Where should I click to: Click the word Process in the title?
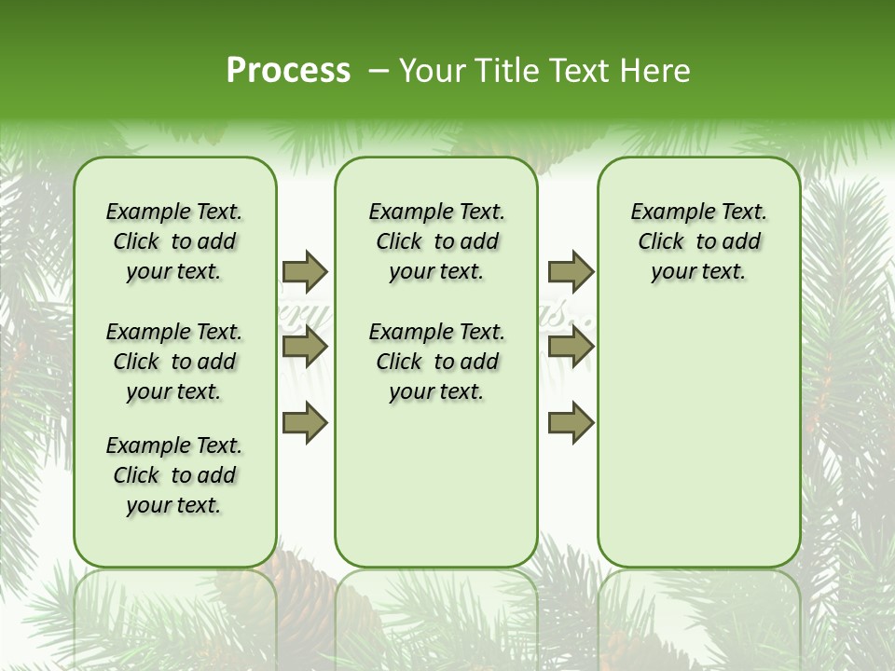(288, 71)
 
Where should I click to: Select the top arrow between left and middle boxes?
(305, 271)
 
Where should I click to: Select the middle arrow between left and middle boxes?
(305, 348)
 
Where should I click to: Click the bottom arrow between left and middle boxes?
(305, 423)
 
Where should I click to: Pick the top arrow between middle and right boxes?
(571, 271)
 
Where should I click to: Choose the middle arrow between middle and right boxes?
(571, 348)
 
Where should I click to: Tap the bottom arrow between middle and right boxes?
(571, 423)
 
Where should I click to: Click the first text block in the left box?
(174, 241)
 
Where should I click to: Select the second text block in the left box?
(174, 362)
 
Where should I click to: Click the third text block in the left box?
(174, 475)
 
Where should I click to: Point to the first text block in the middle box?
(436, 241)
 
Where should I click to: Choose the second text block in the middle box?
(436, 362)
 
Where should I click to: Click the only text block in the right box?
(698, 241)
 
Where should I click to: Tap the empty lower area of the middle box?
(436, 485)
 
